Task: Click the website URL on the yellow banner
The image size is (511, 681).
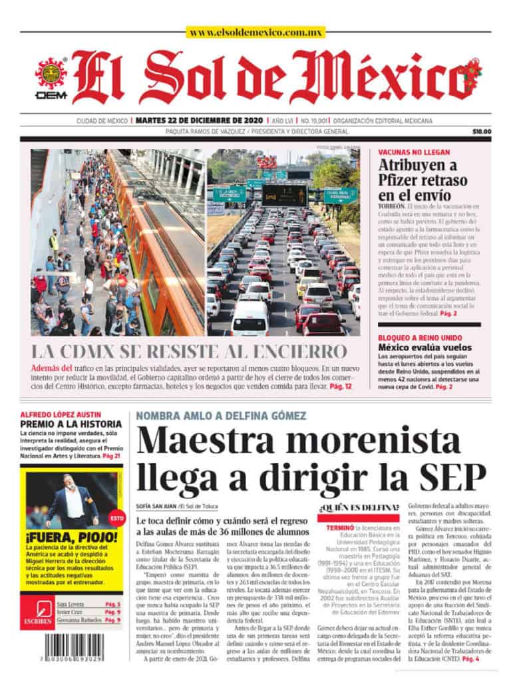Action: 255,32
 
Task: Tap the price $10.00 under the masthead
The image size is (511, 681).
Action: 482,132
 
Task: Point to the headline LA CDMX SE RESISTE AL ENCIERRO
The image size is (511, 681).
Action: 189,351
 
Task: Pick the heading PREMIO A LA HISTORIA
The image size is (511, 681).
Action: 71,424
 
